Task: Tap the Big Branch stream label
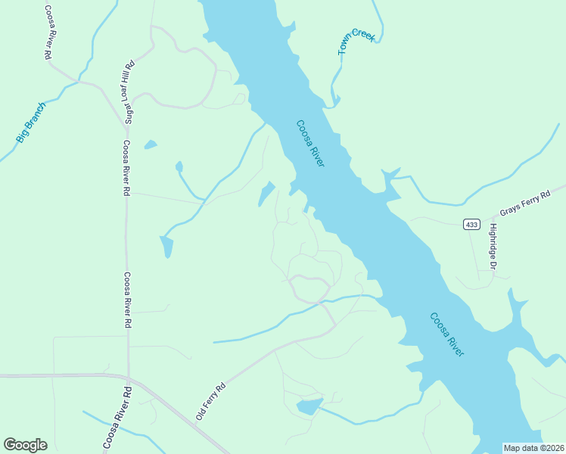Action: coord(31,123)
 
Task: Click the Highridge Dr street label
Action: coord(493,247)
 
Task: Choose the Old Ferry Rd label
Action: coord(211,401)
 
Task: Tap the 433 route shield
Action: coord(471,225)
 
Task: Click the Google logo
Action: coord(25,445)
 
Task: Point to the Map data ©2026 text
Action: coord(534,448)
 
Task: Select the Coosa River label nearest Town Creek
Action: coord(310,144)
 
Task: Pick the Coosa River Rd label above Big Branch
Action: coord(46,32)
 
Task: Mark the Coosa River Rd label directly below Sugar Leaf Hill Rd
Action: coord(126,168)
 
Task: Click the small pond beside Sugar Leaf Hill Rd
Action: coord(150,144)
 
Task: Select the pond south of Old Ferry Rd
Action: coord(309,407)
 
